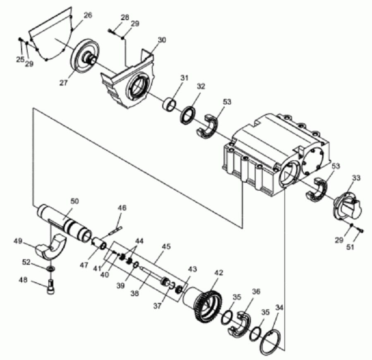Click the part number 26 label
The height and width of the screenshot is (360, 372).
(x=88, y=15)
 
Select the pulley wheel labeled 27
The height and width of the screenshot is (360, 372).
(x=84, y=58)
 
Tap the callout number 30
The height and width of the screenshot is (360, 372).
(x=162, y=40)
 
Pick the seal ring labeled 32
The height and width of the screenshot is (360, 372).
(x=188, y=115)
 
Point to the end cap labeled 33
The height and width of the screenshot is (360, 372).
(x=347, y=206)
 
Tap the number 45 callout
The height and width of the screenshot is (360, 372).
(x=167, y=247)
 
